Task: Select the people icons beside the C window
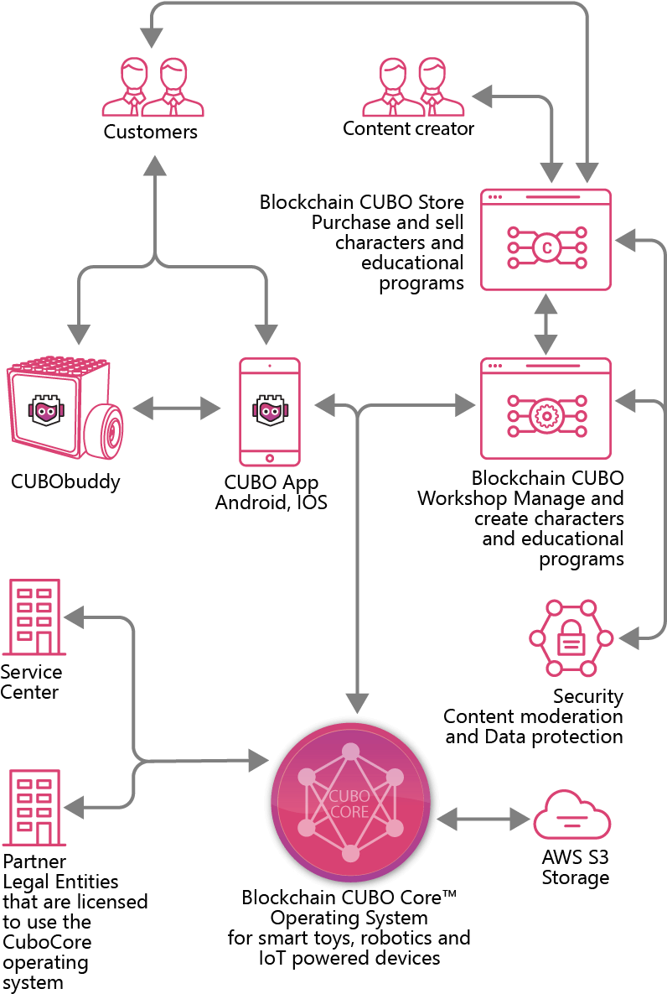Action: pyautogui.click(x=413, y=86)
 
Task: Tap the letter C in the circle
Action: pyautogui.click(x=546, y=247)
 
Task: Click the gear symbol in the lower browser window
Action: pyautogui.click(x=546, y=416)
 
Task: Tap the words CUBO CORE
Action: pyautogui.click(x=349, y=804)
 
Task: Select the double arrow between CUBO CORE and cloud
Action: pyautogui.click(x=484, y=819)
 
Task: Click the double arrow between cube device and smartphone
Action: pyautogui.click(x=177, y=409)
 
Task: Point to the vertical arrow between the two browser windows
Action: pyautogui.click(x=545, y=323)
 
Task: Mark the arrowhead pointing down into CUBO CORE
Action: pyautogui.click(x=358, y=703)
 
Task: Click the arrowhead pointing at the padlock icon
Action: pyautogui.click(x=628, y=639)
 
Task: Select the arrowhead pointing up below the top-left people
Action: pyautogui.click(x=154, y=166)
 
